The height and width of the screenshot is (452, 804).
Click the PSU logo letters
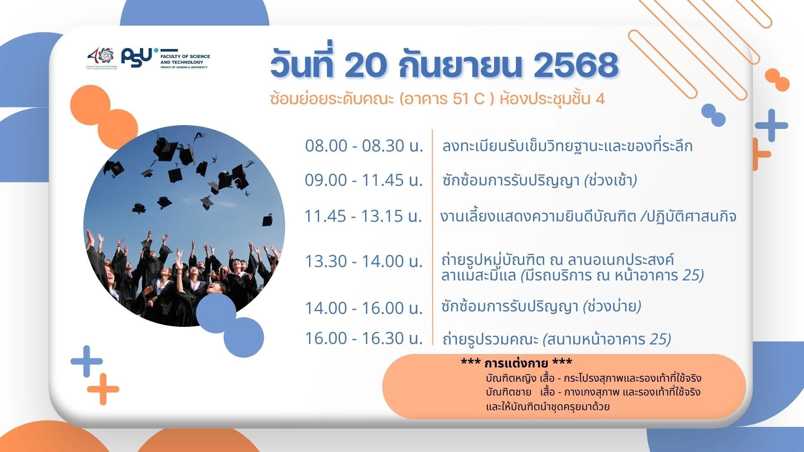click(137, 58)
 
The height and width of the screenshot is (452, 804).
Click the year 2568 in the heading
click(576, 65)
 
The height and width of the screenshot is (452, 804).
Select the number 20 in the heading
click(364, 65)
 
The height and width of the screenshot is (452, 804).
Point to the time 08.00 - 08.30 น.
click(364, 146)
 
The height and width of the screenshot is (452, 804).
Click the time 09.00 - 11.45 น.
click(363, 180)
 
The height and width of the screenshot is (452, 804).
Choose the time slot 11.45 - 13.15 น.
click(363, 216)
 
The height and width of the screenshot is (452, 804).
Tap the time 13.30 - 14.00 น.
click(363, 261)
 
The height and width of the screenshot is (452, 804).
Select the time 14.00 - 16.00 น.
click(363, 308)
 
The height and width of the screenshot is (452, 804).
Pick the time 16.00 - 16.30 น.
click(363, 338)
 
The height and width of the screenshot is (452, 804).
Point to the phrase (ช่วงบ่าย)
click(612, 307)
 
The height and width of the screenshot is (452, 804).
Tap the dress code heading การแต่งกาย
click(516, 362)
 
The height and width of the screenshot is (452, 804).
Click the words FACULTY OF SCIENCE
click(185, 56)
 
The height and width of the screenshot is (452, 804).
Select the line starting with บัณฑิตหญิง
click(593, 378)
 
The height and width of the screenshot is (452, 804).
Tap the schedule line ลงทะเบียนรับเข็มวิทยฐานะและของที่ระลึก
click(567, 146)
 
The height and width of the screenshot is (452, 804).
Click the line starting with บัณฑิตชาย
click(593, 392)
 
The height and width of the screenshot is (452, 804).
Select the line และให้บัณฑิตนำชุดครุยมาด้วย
click(548, 406)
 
